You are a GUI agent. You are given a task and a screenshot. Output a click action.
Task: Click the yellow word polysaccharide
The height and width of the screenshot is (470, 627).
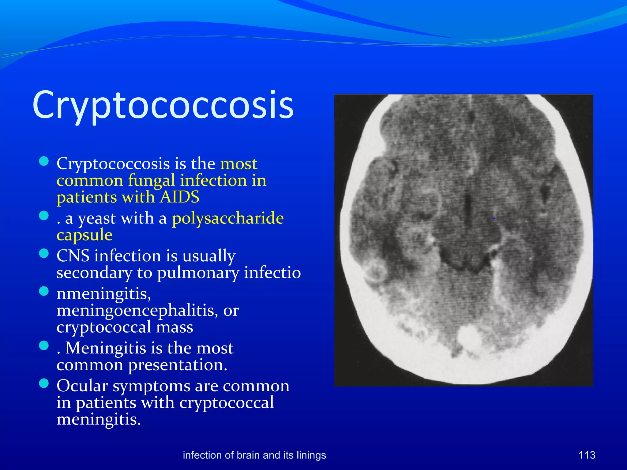point(228,218)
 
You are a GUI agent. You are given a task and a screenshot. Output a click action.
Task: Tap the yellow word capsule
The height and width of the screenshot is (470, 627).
point(84,235)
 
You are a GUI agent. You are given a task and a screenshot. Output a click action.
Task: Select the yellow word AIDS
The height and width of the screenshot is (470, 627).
point(180,197)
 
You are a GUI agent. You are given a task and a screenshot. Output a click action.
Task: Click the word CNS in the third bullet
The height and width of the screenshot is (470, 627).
point(73,256)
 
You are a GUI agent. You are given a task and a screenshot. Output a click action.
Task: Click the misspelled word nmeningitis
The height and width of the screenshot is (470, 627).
point(103,294)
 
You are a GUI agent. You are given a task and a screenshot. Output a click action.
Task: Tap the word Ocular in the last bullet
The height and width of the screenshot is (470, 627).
point(82,386)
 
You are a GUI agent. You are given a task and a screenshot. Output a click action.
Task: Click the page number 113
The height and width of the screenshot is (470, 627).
point(587,455)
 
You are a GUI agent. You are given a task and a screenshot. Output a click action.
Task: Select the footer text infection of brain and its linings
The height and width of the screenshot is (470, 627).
point(254,455)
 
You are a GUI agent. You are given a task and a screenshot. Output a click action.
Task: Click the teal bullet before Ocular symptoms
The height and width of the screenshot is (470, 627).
point(44,383)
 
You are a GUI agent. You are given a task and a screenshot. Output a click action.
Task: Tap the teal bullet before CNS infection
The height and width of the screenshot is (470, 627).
point(44,253)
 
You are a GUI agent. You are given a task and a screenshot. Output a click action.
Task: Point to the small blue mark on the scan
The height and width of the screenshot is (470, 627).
point(494,219)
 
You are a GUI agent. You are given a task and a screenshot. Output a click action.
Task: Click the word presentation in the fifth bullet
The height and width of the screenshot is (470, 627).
point(178,365)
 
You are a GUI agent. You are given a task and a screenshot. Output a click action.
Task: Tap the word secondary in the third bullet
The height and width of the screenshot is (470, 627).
point(94,273)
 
